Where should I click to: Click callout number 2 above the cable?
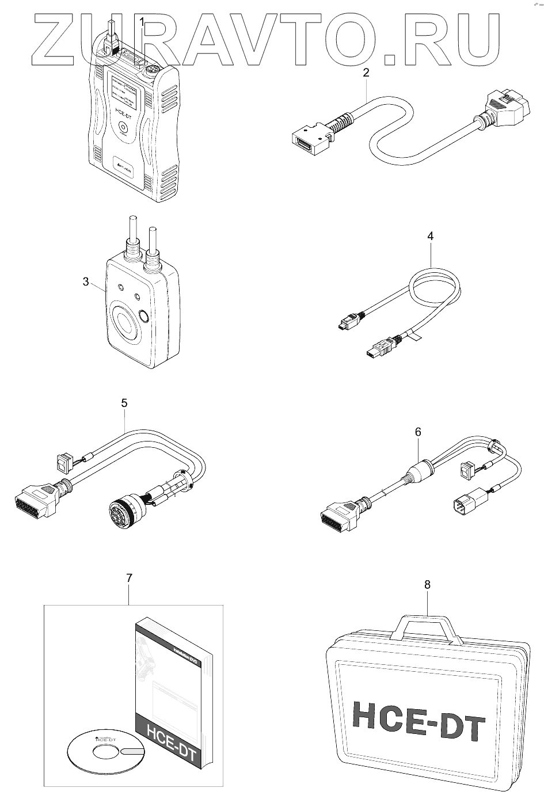click(x=366, y=73)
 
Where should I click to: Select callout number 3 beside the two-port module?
click(x=86, y=281)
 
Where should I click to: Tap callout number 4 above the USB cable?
click(x=431, y=236)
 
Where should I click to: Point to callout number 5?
click(x=124, y=404)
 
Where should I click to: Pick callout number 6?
click(x=418, y=432)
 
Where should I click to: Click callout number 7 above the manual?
click(x=129, y=577)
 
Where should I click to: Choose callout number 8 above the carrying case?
click(x=427, y=584)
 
